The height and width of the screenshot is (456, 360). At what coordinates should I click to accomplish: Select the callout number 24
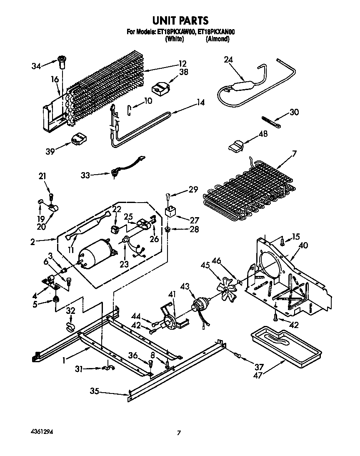(228, 60)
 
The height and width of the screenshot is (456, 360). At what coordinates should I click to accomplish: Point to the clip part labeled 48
(235, 145)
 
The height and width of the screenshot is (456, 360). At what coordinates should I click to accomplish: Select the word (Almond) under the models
(217, 39)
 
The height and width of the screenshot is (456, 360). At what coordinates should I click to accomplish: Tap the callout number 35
(95, 391)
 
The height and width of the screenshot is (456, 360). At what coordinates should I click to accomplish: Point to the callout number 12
(182, 64)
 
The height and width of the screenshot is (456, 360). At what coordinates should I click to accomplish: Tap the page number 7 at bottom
(179, 433)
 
